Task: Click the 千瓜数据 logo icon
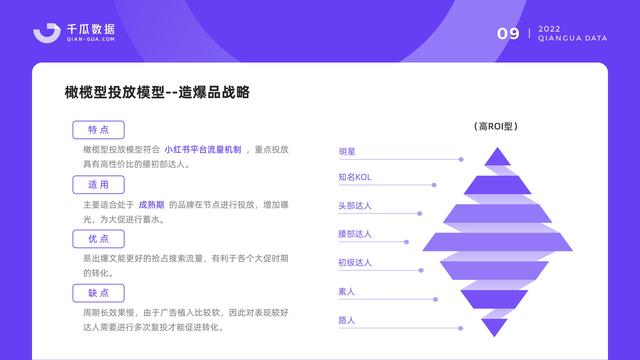45,32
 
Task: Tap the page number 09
508,34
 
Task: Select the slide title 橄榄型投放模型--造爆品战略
156,93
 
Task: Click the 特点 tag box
98,130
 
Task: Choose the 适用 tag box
98,185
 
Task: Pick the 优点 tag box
98,239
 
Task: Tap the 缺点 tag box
98,293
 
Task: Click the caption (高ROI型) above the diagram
495,127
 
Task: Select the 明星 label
347,151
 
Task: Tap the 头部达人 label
355,206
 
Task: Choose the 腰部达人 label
355,234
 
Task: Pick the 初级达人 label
355,262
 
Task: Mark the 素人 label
347,291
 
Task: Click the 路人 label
347,319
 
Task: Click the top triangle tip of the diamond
495,156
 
